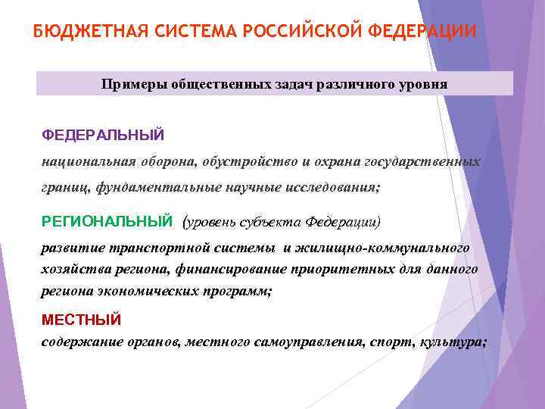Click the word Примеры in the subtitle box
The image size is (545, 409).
pyautogui.click(x=129, y=85)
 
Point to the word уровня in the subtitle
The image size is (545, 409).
pyautogui.click(x=422, y=85)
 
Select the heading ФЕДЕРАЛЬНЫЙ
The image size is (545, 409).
pyautogui.click(x=103, y=135)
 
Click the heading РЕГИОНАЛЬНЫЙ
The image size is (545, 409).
pyautogui.click(x=107, y=221)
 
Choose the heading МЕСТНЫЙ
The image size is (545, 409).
pyautogui.click(x=81, y=320)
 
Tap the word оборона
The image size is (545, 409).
pyautogui.click(x=168, y=162)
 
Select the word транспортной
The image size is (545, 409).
pyautogui.click(x=153, y=248)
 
